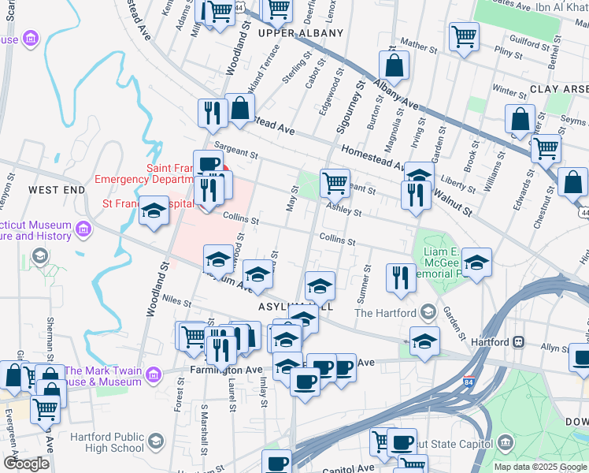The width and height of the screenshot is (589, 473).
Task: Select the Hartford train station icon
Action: (x=518, y=341)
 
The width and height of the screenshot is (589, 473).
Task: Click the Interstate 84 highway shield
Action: (x=469, y=381)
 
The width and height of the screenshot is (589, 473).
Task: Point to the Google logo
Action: (x=26, y=463)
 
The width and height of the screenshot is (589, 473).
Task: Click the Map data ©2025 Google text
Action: (x=540, y=467)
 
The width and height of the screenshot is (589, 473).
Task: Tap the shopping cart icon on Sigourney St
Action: (x=335, y=183)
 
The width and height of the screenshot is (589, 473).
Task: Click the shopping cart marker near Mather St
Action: (x=464, y=35)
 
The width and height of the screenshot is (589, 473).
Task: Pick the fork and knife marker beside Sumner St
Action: (x=401, y=277)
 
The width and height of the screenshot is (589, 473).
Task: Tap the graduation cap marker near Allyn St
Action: (x=424, y=341)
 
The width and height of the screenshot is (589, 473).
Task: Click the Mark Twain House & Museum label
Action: (x=104, y=377)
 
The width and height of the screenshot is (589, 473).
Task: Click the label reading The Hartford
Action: (x=384, y=313)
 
